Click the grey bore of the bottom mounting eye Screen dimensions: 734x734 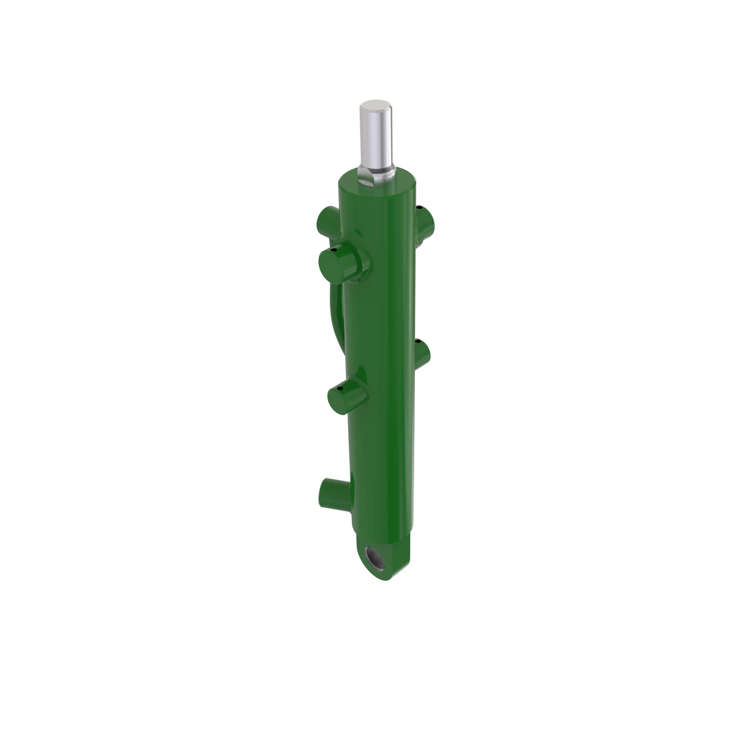point(375,562)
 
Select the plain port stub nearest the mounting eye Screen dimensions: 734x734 point(331,496)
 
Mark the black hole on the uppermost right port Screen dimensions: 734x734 point(419,207)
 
